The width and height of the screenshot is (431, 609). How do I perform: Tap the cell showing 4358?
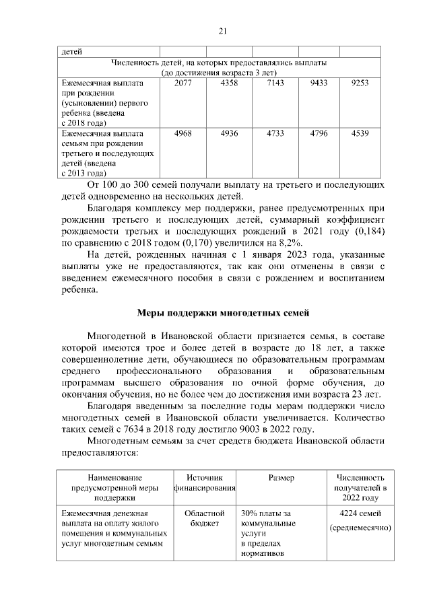click(229, 82)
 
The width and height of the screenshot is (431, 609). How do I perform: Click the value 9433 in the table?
click(319, 82)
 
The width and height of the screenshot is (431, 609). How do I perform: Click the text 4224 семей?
click(360, 515)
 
